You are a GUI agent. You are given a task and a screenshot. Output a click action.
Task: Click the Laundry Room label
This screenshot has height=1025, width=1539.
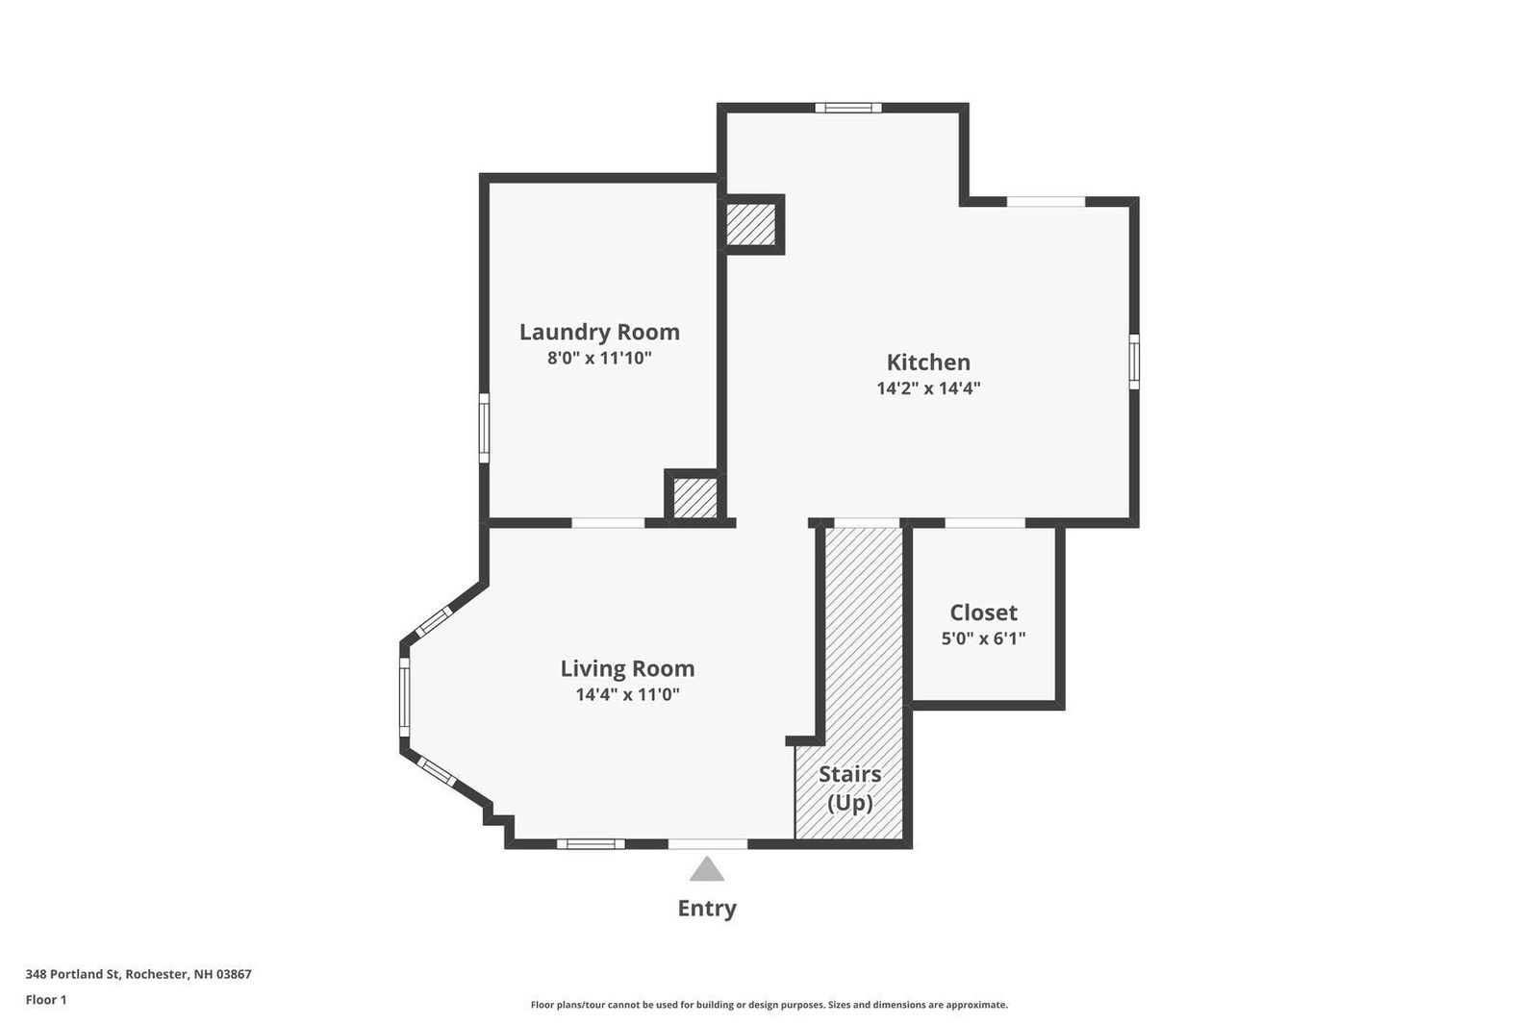coord(599,332)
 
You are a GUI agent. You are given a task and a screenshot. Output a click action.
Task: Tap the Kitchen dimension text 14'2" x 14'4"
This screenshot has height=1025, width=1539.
coord(928,388)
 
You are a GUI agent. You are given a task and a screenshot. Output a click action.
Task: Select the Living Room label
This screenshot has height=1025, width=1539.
coord(627,668)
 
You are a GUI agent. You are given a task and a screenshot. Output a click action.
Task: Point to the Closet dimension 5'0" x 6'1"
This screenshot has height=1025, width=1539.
coord(983,638)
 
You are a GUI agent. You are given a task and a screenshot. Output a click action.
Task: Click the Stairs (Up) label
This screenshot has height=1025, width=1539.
coord(850,788)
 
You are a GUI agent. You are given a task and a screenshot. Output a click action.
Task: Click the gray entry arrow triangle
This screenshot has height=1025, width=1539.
coord(707,869)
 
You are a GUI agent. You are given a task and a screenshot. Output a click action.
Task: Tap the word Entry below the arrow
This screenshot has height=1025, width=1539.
coord(707,909)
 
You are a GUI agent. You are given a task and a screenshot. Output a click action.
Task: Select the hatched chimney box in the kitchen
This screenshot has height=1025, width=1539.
coord(751,224)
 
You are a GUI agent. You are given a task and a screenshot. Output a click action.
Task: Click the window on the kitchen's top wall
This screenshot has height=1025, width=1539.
coord(847,107)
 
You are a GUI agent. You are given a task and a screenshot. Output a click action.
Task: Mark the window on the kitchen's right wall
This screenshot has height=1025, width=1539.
coord(1134,362)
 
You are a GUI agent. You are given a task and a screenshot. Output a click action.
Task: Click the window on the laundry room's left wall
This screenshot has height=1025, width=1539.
coord(484,427)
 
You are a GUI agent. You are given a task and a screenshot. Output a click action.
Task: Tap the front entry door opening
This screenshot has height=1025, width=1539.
coord(708,843)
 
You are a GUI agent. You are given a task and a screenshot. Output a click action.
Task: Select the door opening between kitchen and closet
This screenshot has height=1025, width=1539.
coord(985,523)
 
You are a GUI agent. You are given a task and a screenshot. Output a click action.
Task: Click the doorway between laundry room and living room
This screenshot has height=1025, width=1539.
coord(608,523)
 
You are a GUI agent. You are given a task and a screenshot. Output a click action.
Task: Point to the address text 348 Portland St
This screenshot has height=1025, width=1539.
coord(73,974)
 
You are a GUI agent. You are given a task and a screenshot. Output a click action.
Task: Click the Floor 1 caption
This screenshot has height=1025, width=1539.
coord(46,1000)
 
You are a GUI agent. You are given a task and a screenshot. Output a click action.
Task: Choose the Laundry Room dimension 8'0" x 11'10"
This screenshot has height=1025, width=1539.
coord(599,358)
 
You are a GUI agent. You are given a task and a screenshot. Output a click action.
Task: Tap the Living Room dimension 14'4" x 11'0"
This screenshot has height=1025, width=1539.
coord(627,694)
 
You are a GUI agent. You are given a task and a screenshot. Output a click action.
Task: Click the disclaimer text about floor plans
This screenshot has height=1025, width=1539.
coord(769,1005)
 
